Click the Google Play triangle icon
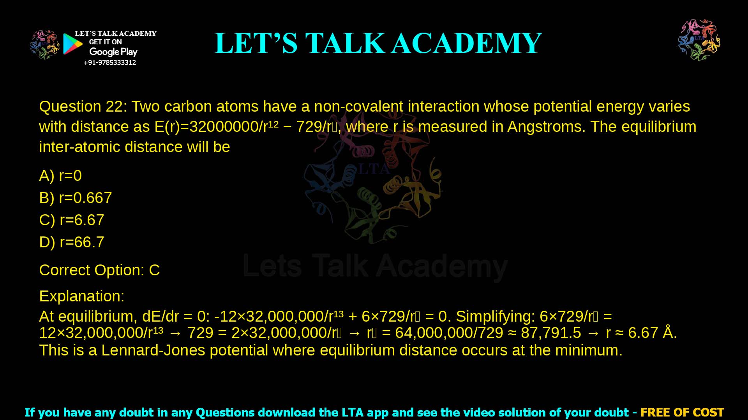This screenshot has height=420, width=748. (72, 44)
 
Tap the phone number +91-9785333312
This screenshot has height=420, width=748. (110, 63)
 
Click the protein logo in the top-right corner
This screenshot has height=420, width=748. (699, 40)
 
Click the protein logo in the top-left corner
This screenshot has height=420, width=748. (44, 45)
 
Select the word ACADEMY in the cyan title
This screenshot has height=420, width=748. (466, 43)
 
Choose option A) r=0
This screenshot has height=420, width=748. (60, 176)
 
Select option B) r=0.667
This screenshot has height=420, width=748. (76, 198)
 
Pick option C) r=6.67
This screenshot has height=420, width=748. (72, 220)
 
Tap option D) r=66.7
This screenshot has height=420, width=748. (72, 242)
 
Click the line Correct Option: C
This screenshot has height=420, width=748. (99, 270)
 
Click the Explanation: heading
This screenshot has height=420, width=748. (82, 296)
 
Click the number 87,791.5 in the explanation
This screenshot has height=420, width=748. (551, 333)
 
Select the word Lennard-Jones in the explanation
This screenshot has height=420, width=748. (153, 350)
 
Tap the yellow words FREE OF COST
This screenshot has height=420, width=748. (682, 412)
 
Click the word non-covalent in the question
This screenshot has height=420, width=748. (358, 107)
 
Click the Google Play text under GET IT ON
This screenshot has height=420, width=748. (113, 52)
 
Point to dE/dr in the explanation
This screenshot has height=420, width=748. (161, 317)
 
